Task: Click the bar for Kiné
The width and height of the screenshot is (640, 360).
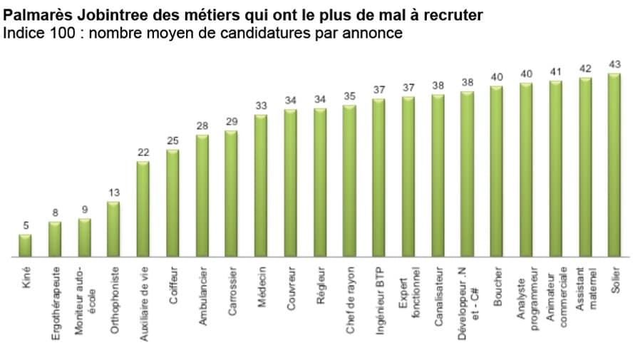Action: (x=25, y=245)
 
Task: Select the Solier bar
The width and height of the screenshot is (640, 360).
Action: (x=614, y=165)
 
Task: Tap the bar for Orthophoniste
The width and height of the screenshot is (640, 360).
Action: (x=113, y=229)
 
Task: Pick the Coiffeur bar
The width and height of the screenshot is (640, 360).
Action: (x=172, y=203)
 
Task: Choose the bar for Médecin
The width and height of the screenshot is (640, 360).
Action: (x=261, y=185)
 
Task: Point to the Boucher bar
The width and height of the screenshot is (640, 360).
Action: (x=497, y=171)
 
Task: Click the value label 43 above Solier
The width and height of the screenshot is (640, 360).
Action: (x=614, y=65)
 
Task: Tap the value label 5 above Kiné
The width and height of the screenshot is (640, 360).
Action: (x=25, y=226)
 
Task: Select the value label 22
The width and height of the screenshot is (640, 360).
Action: (x=143, y=153)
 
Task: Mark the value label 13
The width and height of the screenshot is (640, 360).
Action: (x=113, y=193)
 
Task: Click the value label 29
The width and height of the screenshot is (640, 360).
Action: (x=231, y=122)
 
